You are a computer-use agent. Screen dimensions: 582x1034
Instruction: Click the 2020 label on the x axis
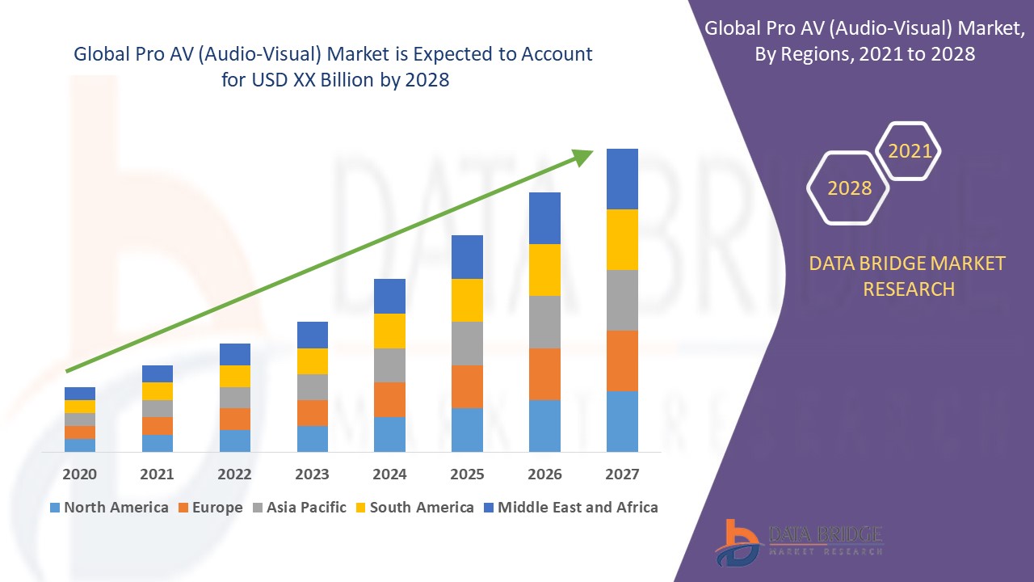80,474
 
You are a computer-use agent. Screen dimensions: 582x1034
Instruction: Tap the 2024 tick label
389,474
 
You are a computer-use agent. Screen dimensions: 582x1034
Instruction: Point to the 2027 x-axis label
622,474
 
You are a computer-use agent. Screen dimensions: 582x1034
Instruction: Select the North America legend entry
109,508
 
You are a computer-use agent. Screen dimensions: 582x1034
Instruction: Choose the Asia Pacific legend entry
300,508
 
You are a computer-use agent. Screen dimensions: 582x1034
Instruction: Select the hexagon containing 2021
910,151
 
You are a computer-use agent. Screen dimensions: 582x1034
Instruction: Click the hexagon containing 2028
849,188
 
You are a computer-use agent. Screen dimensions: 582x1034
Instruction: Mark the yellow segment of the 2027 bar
622,239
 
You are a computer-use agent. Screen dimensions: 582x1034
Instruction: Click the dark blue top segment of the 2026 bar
544,218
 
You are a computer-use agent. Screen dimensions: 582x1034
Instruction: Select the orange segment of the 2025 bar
467,386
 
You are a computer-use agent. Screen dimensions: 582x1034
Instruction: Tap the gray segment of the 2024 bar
389,365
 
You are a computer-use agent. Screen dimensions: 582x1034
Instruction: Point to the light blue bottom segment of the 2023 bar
313,438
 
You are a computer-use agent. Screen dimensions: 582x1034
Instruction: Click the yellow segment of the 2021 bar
158,391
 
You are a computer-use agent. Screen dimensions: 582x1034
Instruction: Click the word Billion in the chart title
350,80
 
